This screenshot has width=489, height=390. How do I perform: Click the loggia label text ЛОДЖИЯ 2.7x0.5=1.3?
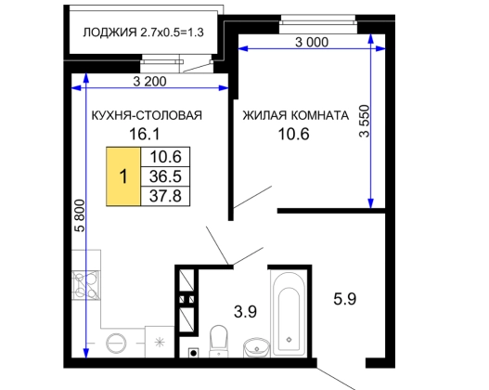tap(143, 32)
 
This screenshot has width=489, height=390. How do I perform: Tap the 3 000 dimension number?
tap(312, 42)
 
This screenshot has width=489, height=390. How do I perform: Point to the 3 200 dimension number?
tap(149, 82)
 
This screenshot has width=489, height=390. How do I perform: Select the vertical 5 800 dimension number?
tap(80, 215)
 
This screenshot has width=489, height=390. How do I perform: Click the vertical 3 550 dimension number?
tap(365, 121)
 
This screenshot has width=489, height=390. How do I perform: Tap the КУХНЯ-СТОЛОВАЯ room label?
tap(147, 115)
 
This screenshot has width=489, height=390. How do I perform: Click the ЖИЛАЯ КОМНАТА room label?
tap(296, 115)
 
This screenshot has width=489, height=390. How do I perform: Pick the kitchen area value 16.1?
tap(145, 134)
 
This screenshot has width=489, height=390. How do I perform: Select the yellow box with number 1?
tap(123, 176)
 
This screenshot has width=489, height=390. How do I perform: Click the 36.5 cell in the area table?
tap(165, 176)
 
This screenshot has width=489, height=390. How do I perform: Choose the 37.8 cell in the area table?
tap(165, 196)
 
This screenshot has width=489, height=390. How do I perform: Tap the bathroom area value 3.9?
tap(246, 311)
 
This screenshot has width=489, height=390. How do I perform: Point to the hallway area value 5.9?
tap(344, 299)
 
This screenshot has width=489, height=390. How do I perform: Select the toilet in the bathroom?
tap(219, 341)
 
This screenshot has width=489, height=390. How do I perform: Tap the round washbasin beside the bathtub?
tap(257, 347)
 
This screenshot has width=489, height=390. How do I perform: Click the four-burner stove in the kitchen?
tap(85, 285)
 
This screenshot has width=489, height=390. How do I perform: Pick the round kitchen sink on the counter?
tap(116, 343)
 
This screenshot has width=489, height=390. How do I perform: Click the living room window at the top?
tap(317, 23)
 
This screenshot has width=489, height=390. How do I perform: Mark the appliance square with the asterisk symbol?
tap(160, 342)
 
